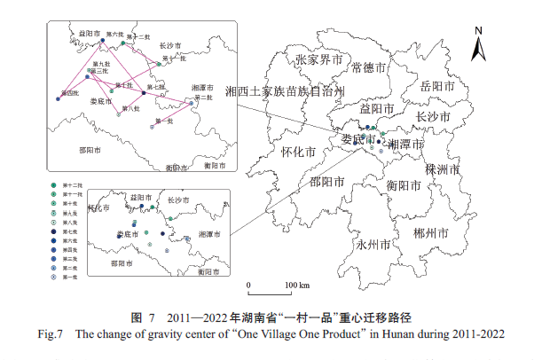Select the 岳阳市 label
coord(436,87)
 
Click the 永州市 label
coord(373,244)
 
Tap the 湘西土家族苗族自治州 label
coord(283,90)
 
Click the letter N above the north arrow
coord(477,31)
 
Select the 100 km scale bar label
coord(296,285)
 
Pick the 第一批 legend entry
coord(54,278)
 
